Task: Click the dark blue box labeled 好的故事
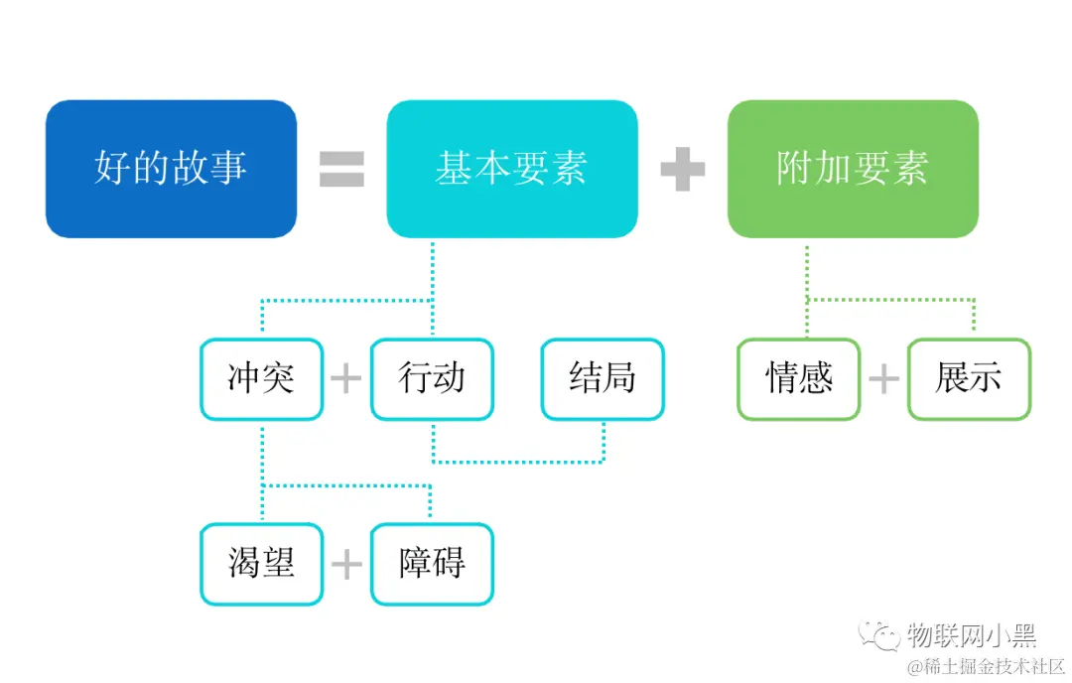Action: [171, 169]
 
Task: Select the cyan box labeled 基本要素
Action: [511, 169]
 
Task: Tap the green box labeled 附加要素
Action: [853, 169]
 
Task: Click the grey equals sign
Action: [341, 169]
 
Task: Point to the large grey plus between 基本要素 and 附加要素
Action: [683, 169]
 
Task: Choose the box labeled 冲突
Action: [261, 379]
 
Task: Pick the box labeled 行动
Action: [432, 379]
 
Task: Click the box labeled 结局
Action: [603, 379]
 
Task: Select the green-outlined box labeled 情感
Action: [799, 379]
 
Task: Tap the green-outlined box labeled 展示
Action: [969, 379]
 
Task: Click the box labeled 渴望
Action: [261, 564]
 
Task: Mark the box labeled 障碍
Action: [432, 564]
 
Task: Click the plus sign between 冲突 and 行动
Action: [346, 379]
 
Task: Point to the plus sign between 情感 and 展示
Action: [883, 379]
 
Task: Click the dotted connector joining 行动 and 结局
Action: [517, 462]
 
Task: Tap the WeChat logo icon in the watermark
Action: [880, 633]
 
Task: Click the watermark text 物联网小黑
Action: [971, 633]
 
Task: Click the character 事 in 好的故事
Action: [228, 169]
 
